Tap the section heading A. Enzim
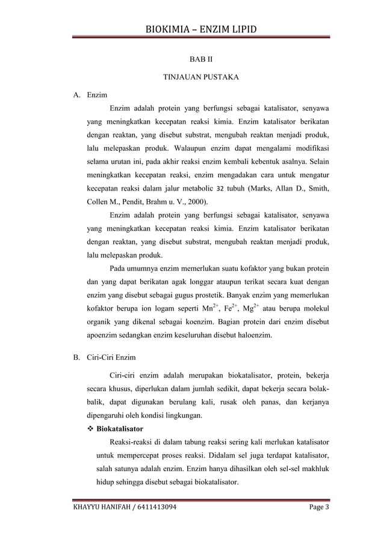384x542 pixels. point(90,95)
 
